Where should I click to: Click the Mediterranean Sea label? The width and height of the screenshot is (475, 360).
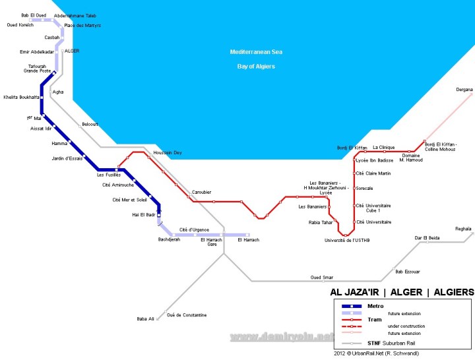tap(256, 51)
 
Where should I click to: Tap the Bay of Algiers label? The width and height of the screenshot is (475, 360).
tap(256, 67)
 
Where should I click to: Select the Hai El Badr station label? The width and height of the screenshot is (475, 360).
tap(142, 215)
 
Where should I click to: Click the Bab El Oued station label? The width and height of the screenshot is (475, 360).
tap(33, 15)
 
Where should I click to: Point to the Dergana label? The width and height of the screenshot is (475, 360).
tap(464, 90)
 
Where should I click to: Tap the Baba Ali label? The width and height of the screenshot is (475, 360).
tap(145, 319)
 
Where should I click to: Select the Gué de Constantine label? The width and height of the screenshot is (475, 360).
tap(187, 315)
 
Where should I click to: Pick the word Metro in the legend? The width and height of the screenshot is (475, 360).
tap(375, 307)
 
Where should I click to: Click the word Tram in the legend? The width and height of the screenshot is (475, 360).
tap(375, 320)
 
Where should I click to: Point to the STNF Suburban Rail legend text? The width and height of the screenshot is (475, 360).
tap(391, 344)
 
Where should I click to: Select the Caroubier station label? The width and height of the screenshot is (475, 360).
tap(201, 192)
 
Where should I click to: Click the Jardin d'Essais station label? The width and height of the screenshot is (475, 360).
tap(67, 158)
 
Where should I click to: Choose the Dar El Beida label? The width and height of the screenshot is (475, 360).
tap(427, 237)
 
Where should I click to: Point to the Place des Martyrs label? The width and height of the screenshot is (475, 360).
tap(82, 25)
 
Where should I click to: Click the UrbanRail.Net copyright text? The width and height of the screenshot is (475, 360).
tap(376, 353)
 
